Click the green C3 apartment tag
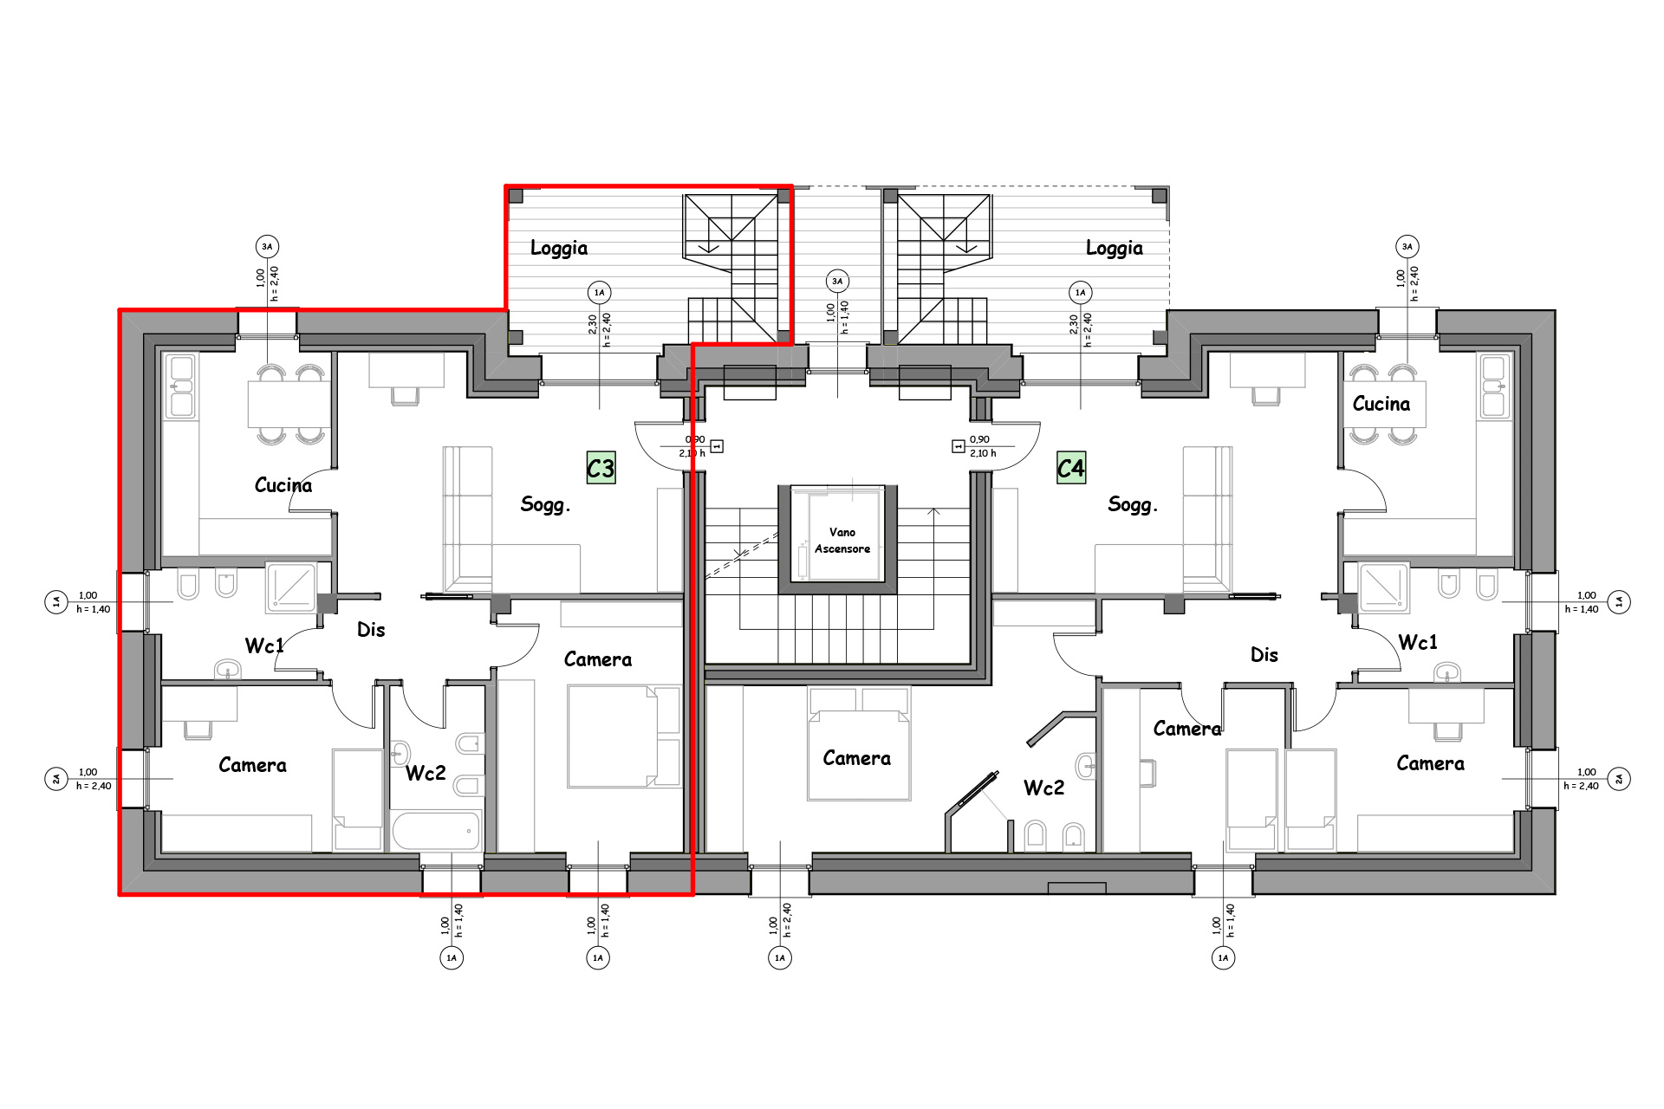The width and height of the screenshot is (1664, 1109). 601,468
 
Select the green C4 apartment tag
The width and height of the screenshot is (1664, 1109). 1071,468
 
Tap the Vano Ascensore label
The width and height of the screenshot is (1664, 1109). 842,540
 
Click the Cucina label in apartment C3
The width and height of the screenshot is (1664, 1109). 283,485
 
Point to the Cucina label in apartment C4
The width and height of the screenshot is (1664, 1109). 1381,404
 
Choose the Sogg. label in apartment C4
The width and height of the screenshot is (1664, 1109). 1133,504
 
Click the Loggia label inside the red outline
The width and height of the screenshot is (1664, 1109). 559,249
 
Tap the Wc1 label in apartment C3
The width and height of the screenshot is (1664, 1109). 264,645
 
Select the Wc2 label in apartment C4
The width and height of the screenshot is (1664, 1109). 1043,788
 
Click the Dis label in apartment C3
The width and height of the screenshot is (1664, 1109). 371,630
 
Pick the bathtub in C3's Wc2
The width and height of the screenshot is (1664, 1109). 436,831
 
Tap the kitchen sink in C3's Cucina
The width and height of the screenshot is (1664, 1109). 182,386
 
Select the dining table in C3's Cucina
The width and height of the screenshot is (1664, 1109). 289,404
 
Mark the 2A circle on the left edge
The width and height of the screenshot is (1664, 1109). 56,779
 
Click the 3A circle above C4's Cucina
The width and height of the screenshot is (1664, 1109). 1407,247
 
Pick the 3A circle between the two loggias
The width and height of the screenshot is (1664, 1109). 837,281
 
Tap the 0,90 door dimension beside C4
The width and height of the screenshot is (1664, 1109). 979,440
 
